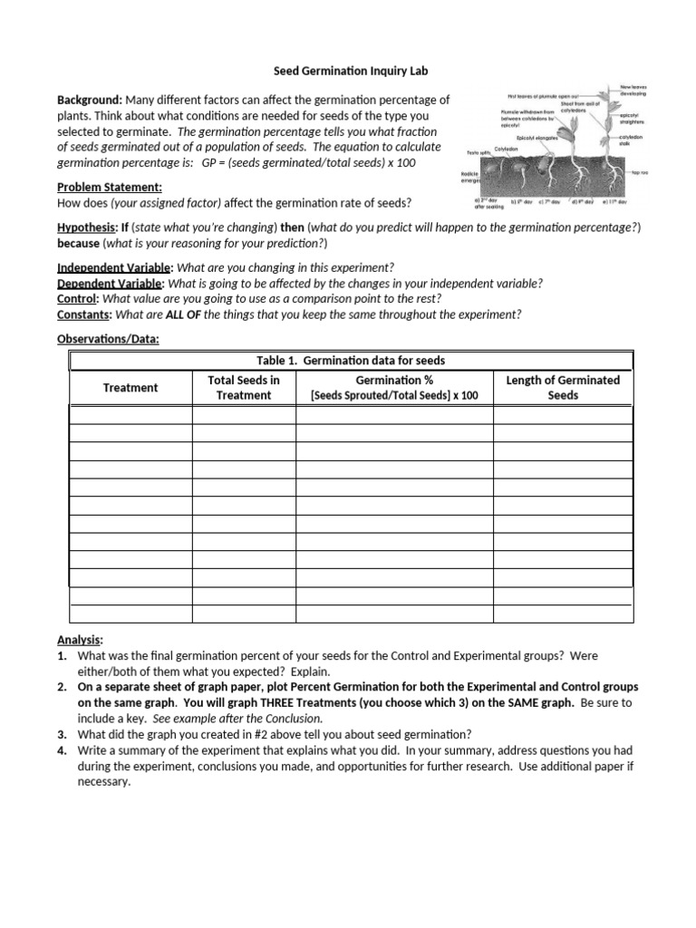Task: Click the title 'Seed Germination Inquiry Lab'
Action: click(x=351, y=71)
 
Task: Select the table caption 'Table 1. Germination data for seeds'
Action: click(x=351, y=361)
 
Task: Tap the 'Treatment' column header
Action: click(x=130, y=387)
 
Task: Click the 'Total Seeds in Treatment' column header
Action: click(x=244, y=387)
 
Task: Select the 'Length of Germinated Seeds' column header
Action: click(x=562, y=387)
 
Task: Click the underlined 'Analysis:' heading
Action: click(x=81, y=639)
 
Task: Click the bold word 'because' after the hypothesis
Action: click(x=79, y=244)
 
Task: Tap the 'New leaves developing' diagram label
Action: click(x=632, y=91)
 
